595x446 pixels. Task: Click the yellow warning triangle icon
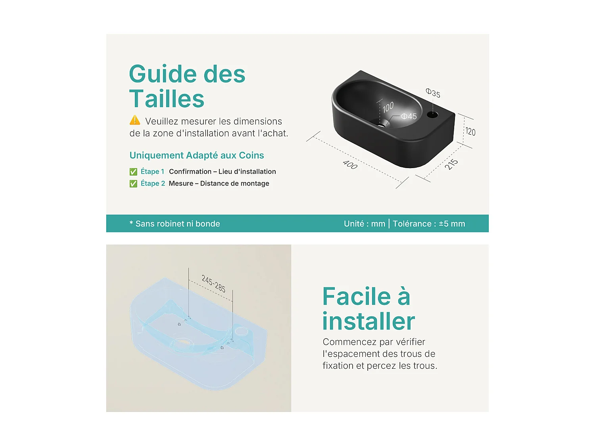[135, 120]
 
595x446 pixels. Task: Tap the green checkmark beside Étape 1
[133, 172]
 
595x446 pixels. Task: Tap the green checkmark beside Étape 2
[133, 184]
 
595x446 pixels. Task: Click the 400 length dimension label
[350, 165]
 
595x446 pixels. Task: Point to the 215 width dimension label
[451, 165]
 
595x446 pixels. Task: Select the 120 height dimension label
[470, 132]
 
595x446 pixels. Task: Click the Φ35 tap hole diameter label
[433, 93]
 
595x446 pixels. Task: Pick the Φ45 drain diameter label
[409, 116]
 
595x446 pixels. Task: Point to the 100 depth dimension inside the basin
[388, 107]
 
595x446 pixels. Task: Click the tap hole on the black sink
[432, 115]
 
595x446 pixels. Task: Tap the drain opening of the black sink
[381, 126]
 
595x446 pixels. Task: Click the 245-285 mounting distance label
[213, 283]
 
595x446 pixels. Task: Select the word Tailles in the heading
[167, 98]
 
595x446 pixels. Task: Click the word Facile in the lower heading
[357, 297]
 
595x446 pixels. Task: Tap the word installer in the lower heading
[369, 321]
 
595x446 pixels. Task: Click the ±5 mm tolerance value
[452, 224]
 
